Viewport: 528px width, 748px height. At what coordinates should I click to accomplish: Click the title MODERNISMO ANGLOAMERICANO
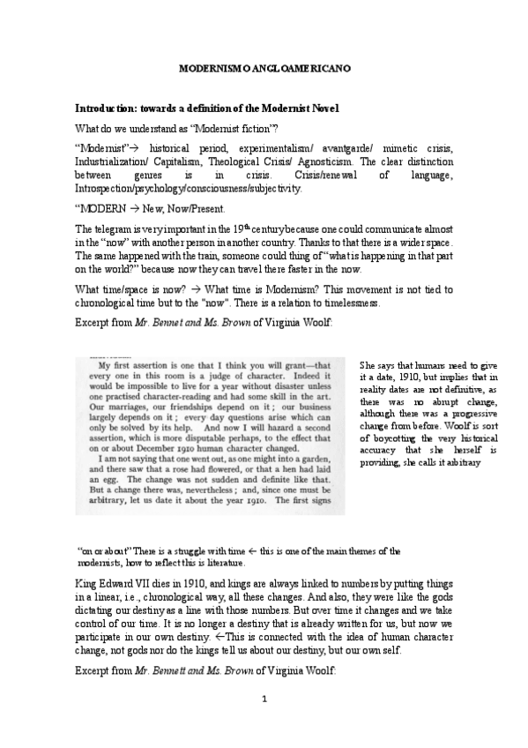pos(264,66)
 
